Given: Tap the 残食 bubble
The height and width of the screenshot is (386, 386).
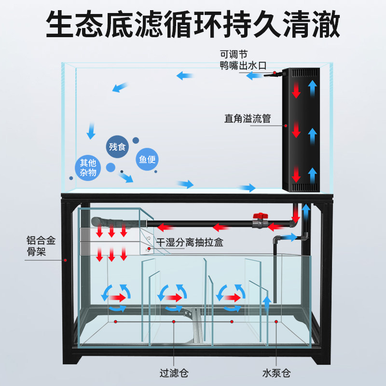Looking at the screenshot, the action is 117,147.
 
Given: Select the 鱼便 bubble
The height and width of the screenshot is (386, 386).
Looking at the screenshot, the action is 147,159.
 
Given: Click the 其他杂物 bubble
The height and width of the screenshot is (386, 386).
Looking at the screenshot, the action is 88,167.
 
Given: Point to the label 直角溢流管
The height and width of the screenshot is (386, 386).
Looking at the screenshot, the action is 248,118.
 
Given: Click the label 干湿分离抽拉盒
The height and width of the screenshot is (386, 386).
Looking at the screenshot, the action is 190,243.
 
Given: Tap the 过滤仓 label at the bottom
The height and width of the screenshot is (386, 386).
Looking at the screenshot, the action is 174,373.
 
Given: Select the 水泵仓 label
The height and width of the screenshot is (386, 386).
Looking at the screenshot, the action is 276,373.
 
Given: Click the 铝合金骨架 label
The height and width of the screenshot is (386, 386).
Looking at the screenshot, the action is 41,246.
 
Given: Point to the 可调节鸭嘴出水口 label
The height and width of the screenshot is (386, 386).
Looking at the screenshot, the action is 243,60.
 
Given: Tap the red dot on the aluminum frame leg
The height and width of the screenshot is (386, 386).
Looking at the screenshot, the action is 66,260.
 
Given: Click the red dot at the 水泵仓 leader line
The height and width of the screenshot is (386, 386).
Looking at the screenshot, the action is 276,321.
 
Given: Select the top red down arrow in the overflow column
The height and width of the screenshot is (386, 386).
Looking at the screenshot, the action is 296,90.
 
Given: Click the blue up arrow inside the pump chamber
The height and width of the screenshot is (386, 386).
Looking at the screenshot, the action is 267,304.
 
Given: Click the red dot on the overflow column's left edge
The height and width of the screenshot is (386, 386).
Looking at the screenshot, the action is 286,125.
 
